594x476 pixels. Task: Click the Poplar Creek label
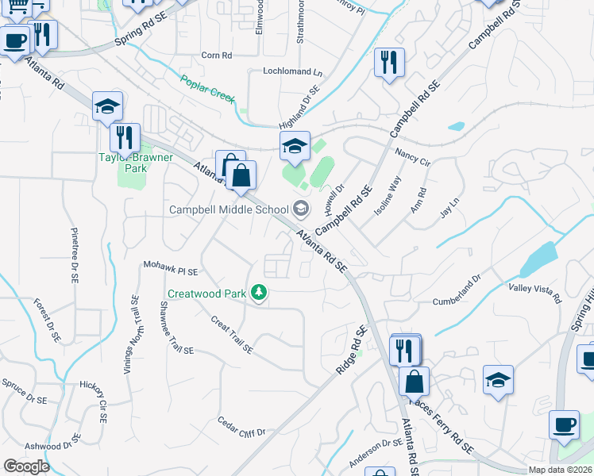pyautogui.click(x=208, y=88)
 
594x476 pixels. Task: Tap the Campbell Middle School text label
pyautogui.click(x=229, y=209)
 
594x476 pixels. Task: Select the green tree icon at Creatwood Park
pyautogui.click(x=258, y=293)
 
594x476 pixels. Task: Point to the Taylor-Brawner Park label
pyautogui.click(x=135, y=157)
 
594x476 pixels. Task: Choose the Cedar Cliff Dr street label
pyautogui.click(x=242, y=426)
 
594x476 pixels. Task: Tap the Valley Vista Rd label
pyautogui.click(x=534, y=294)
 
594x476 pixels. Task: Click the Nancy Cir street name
pyautogui.click(x=411, y=156)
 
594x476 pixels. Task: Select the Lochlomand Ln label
pyautogui.click(x=293, y=71)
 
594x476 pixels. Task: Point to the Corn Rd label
pyautogui.click(x=216, y=56)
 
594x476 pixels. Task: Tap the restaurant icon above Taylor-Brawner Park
pyautogui.click(x=125, y=138)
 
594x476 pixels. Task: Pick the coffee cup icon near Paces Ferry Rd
pyautogui.click(x=564, y=424)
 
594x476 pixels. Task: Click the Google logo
pyautogui.click(x=26, y=466)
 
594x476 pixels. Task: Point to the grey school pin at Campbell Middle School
pyautogui.click(x=301, y=209)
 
